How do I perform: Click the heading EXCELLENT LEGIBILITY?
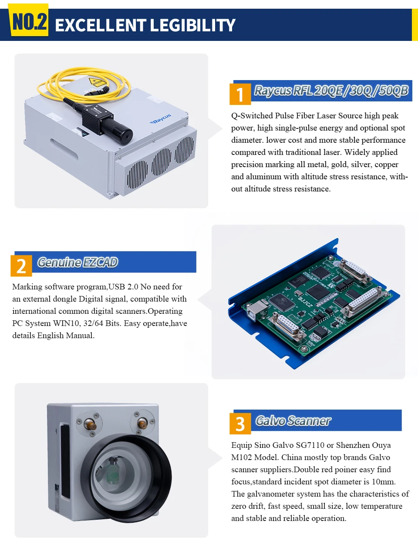coord(145,25)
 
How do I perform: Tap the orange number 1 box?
coord(240,94)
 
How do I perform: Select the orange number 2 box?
coord(21,265)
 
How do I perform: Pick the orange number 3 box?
coord(240,423)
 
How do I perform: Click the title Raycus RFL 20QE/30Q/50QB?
coord(331,91)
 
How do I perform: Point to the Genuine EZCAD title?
coord(78,262)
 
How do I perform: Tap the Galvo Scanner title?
coord(293,421)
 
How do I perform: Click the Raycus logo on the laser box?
coord(161,119)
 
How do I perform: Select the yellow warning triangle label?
coord(96,82)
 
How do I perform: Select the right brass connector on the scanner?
coord(142,423)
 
